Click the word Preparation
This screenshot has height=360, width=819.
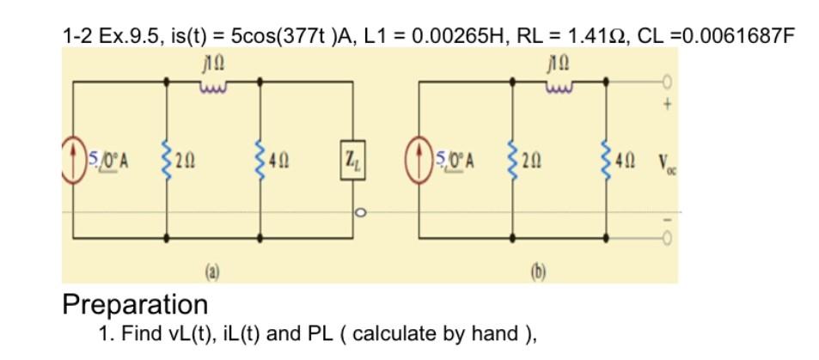(135, 304)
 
